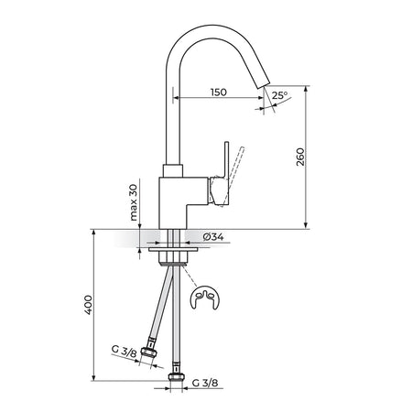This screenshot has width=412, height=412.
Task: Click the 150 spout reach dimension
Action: point(219,92)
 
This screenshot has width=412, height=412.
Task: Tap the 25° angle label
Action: point(279,95)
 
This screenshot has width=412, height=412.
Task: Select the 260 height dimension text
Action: point(300,157)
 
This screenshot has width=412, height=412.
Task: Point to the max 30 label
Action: point(134,202)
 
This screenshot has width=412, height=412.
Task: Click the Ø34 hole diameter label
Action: point(213,237)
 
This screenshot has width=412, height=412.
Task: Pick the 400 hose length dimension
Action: point(88,305)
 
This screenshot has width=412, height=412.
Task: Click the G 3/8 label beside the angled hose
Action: point(125,351)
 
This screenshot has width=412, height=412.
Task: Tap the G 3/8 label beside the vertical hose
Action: point(205,383)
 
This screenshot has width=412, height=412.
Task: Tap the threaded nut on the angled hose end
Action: point(149,352)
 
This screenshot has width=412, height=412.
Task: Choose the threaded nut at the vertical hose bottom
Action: point(176,377)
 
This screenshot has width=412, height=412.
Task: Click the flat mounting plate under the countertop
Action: point(173,250)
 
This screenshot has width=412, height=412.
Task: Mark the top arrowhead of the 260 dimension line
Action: point(306,89)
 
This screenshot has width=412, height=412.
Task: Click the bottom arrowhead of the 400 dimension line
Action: point(94,377)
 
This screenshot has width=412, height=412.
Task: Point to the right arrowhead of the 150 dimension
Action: point(260,98)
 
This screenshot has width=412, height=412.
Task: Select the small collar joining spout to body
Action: point(173,171)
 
